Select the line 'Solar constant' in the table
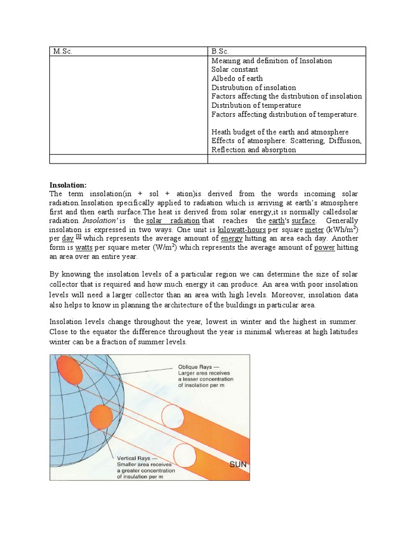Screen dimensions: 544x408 [x=235, y=70]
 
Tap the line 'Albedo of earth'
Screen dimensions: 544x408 [x=237, y=79]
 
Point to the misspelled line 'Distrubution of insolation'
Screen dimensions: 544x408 [x=254, y=88]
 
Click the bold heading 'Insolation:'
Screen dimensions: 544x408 [x=68, y=185]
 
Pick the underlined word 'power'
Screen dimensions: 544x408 [x=325, y=248]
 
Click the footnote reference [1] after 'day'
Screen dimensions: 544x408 [x=78, y=237]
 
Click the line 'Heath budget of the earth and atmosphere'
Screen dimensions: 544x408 [x=280, y=132]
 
